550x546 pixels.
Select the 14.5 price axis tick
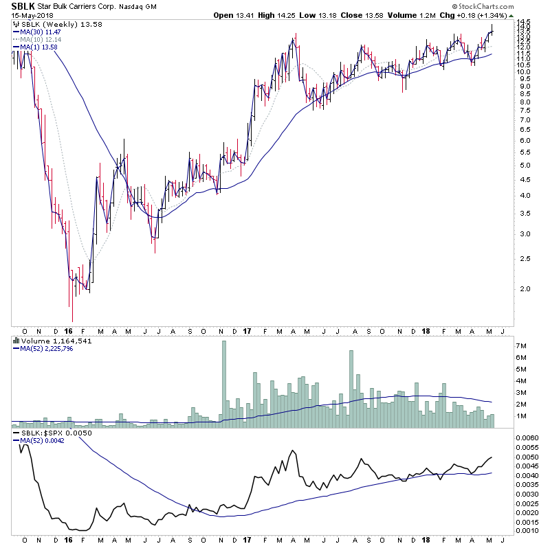[x=525, y=24]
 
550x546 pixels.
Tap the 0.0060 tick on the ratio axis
[x=528, y=437]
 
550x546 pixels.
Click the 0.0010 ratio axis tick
[x=528, y=530]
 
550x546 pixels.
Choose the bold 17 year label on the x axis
[x=245, y=331]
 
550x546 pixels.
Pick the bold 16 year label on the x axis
[x=72, y=331]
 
